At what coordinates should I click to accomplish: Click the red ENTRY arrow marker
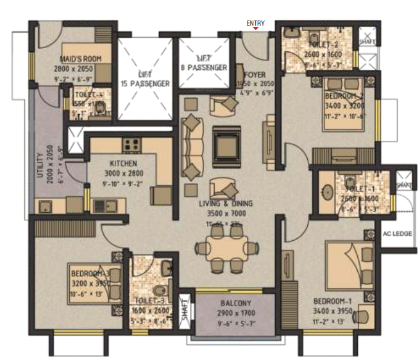[x=256, y=28]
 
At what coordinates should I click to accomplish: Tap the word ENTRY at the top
[x=256, y=23]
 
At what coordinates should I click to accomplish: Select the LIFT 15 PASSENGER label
[x=145, y=79]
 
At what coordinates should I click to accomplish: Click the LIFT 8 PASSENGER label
[x=204, y=63]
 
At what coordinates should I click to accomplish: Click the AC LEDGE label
[x=397, y=234]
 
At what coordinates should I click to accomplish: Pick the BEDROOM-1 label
[x=331, y=301]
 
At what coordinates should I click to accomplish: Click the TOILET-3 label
[x=151, y=299]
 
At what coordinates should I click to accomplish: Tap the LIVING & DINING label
[x=225, y=204]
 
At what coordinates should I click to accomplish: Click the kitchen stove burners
[x=132, y=144]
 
